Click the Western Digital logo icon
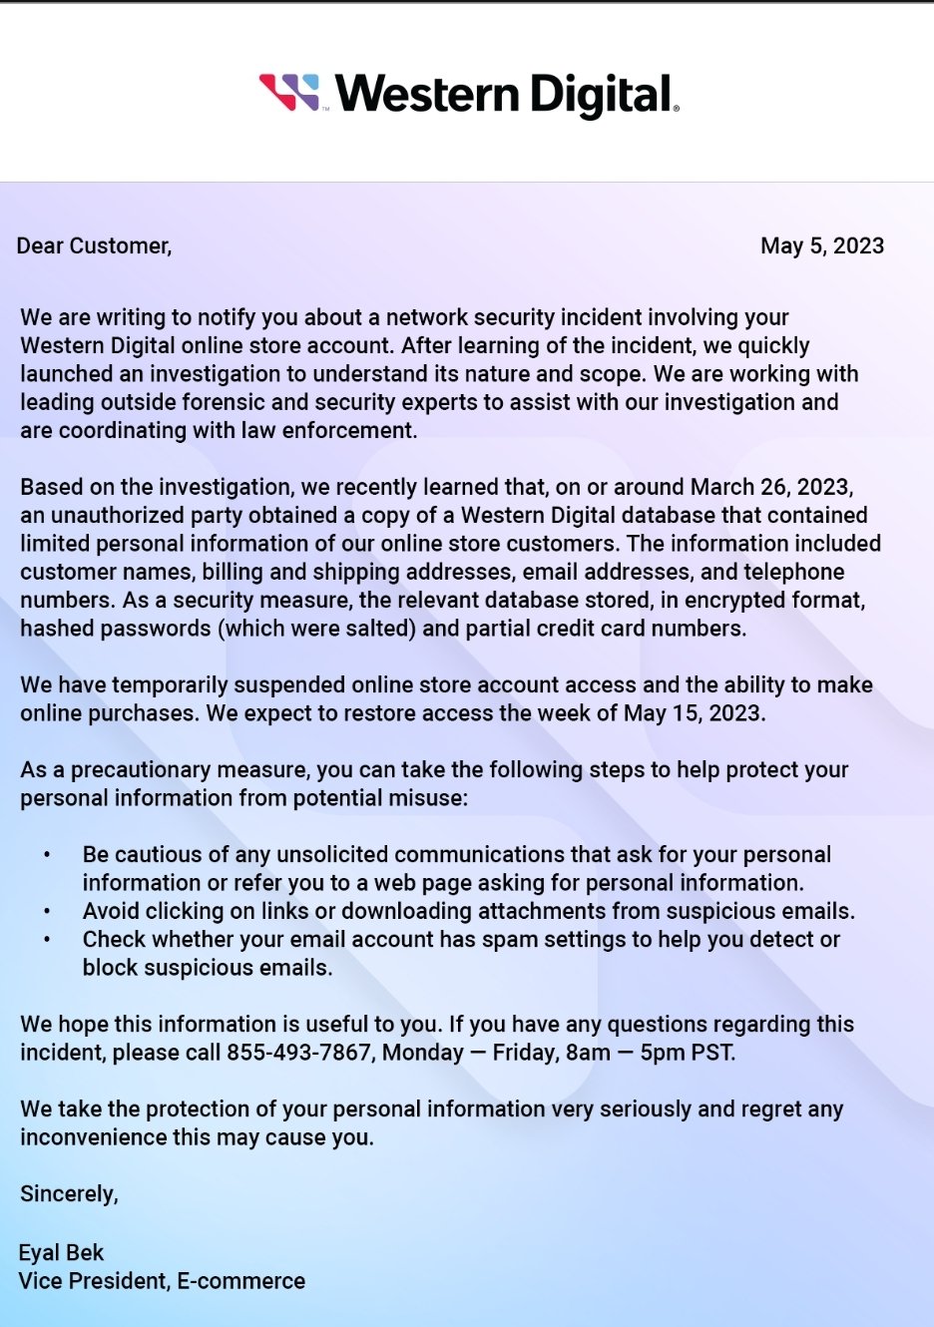pyautogui.click(x=289, y=92)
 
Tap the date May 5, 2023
pyautogui.click(x=822, y=246)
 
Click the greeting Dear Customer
pyautogui.click(x=94, y=246)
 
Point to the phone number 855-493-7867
pyautogui.click(x=298, y=1053)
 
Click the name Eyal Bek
pyautogui.click(x=61, y=1253)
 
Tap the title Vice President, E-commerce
pyautogui.click(x=162, y=1281)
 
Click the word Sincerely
pyautogui.click(x=69, y=1194)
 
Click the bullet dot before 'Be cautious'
pyautogui.click(x=47, y=856)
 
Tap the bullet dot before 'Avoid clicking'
pyautogui.click(x=47, y=912)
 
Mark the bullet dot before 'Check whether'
pyautogui.click(x=47, y=940)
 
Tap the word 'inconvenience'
pyautogui.click(x=91, y=1138)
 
